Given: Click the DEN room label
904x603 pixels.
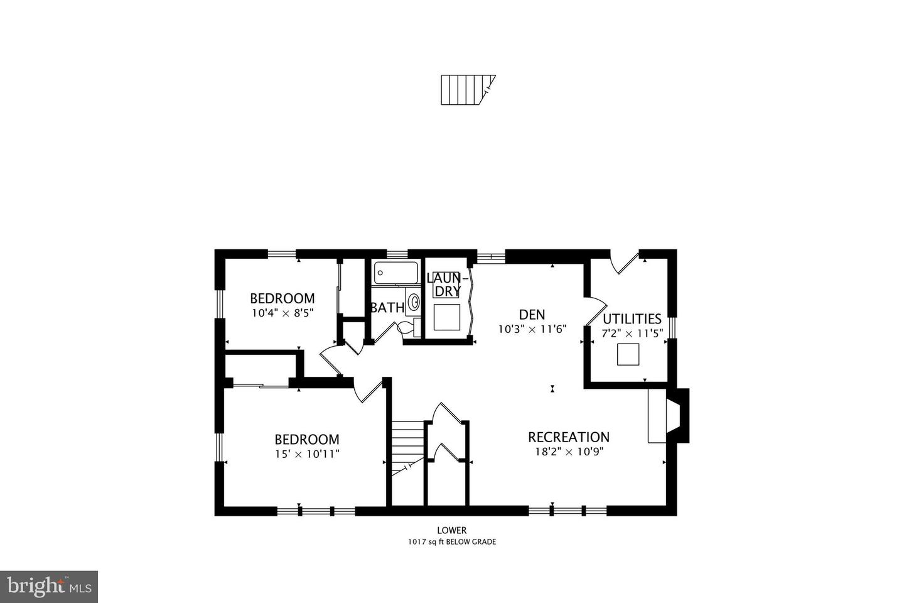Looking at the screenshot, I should pos(532,314).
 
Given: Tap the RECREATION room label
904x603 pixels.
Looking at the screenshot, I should pos(568,437).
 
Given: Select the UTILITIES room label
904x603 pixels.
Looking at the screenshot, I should pos(632,318).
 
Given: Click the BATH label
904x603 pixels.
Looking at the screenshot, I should pos(387,308).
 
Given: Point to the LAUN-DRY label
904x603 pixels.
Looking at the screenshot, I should pos(448,284).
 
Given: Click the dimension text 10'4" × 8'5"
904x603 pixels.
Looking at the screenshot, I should pos(282,312).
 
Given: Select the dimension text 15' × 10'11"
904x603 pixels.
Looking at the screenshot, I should pos(307,454).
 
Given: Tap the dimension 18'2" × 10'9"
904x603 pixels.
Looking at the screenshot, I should pos(568,452).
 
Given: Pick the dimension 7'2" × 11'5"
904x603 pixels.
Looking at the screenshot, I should pos(632,334).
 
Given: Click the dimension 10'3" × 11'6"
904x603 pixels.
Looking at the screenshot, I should pos(532,329).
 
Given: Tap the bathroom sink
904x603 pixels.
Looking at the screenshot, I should pos(414,303).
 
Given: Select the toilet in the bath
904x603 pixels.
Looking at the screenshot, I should pos(409,326).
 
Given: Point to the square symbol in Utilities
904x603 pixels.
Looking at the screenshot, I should pos(628,355).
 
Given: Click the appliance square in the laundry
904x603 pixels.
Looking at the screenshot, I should pos(448,318).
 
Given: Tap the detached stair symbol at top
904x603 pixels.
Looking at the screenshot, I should pos(467,90).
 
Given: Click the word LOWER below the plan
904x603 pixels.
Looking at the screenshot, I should pos(452,530).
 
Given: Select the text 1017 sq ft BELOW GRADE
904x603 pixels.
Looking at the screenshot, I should pos(452,541).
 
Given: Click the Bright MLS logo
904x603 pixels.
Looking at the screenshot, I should pos(49,587).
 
